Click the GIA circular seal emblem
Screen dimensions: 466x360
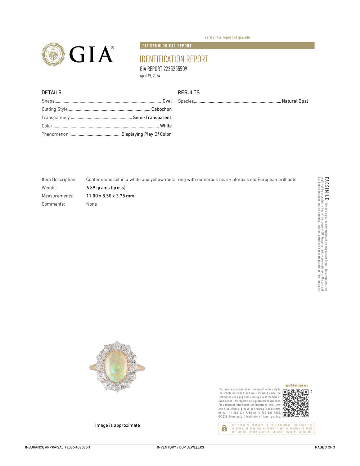point(53,54)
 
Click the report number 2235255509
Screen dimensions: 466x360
point(175,69)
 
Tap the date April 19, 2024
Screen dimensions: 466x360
point(150,76)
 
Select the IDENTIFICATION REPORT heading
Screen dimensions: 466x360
point(174,59)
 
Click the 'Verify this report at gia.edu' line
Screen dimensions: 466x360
point(227,37)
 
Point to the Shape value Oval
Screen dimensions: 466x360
point(167,101)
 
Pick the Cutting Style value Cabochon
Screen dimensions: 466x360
point(161,109)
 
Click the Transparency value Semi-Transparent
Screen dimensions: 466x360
point(152,117)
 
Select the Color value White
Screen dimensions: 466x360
point(166,126)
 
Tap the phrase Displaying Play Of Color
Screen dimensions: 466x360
point(146,134)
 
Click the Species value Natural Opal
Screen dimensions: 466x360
point(295,101)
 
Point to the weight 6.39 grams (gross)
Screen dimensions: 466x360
point(106,188)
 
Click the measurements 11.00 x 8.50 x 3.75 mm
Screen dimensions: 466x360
point(110,196)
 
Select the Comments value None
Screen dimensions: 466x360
point(91,204)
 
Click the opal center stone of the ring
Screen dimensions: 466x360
point(116,367)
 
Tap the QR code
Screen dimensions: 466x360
point(296,403)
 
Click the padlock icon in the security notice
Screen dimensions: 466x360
point(224,428)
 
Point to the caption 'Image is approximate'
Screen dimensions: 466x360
point(117,425)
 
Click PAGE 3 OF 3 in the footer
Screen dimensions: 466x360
point(325,447)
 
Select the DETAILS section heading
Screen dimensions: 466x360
point(51,93)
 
